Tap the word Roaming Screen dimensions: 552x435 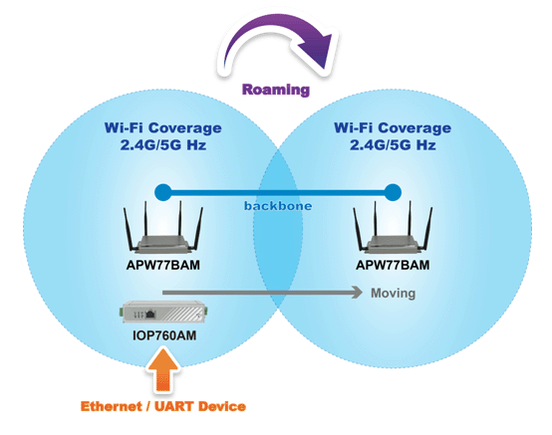(x=276, y=90)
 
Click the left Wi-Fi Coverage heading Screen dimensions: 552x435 (x=163, y=127)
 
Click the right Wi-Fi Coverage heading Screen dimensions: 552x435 (x=393, y=127)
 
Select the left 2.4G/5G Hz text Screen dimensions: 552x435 (x=163, y=145)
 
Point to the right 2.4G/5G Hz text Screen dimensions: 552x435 (x=393, y=145)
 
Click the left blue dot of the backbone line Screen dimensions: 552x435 (x=163, y=192)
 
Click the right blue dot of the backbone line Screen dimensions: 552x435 (x=393, y=192)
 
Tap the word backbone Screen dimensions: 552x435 (x=278, y=206)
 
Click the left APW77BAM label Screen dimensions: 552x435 (x=163, y=265)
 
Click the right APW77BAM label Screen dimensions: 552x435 (x=393, y=265)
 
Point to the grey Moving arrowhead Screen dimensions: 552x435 (x=357, y=293)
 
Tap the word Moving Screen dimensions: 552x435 (x=394, y=294)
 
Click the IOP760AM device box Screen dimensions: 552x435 (x=164, y=312)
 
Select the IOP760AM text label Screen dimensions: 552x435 (x=164, y=335)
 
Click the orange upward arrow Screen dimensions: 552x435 (x=163, y=370)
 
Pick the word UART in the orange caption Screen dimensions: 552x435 (x=173, y=406)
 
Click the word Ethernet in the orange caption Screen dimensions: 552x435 (x=111, y=406)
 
